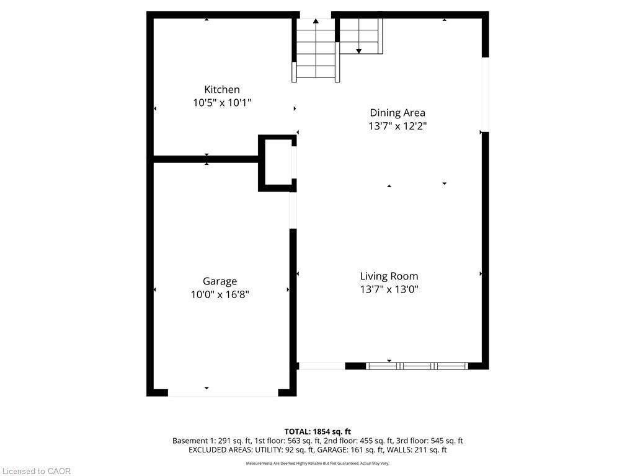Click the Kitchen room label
pyautogui.click(x=222, y=89)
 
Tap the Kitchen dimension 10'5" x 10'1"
pyautogui.click(x=222, y=103)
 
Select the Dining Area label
pyautogui.click(x=397, y=113)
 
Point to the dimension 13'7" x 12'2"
pyautogui.click(x=397, y=126)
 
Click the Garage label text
pyautogui.click(x=220, y=281)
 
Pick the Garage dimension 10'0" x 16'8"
pyautogui.click(x=220, y=294)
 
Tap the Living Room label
pyautogui.click(x=389, y=276)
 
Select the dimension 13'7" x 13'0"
pyautogui.click(x=389, y=289)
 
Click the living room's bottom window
pyautogui.click(x=417, y=366)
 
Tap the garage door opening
pyautogui.click(x=223, y=392)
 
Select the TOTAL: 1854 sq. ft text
pyautogui.click(x=317, y=431)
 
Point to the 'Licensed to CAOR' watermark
pyautogui.click(x=37, y=471)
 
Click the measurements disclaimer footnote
pyautogui.click(x=317, y=464)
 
